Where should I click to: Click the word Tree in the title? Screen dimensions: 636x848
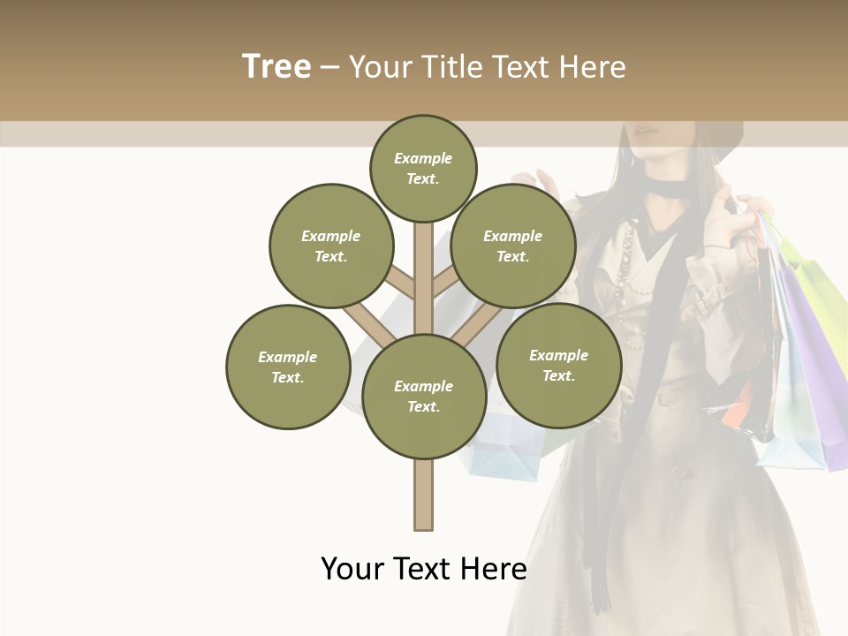click(276, 67)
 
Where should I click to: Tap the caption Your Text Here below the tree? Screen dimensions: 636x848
click(424, 569)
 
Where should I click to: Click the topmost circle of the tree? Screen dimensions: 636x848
click(423, 168)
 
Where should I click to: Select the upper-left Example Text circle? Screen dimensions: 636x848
click(331, 246)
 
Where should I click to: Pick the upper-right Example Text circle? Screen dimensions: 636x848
click(513, 246)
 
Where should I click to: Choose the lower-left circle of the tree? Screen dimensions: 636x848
click(288, 367)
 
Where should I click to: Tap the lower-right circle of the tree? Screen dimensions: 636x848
click(559, 365)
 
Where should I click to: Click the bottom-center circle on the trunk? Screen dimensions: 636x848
click(424, 397)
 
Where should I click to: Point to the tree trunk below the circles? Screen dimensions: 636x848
click(424, 495)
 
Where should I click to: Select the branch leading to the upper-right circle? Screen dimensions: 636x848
click(446, 283)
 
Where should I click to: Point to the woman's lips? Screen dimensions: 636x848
click(647, 132)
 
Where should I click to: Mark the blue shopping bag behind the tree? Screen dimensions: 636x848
click(503, 450)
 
